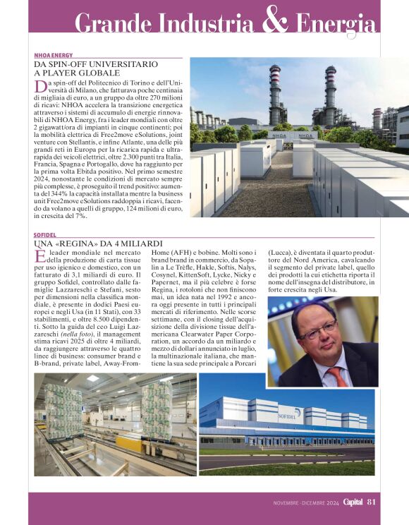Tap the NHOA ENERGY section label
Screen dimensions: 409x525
pyautogui.click(x=54, y=55)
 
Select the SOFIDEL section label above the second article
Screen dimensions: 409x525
pyautogui.click(x=45, y=234)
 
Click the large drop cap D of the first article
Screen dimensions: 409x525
pyautogui.click(x=40, y=87)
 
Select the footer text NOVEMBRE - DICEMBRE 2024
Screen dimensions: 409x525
pyautogui.click(x=306, y=503)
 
